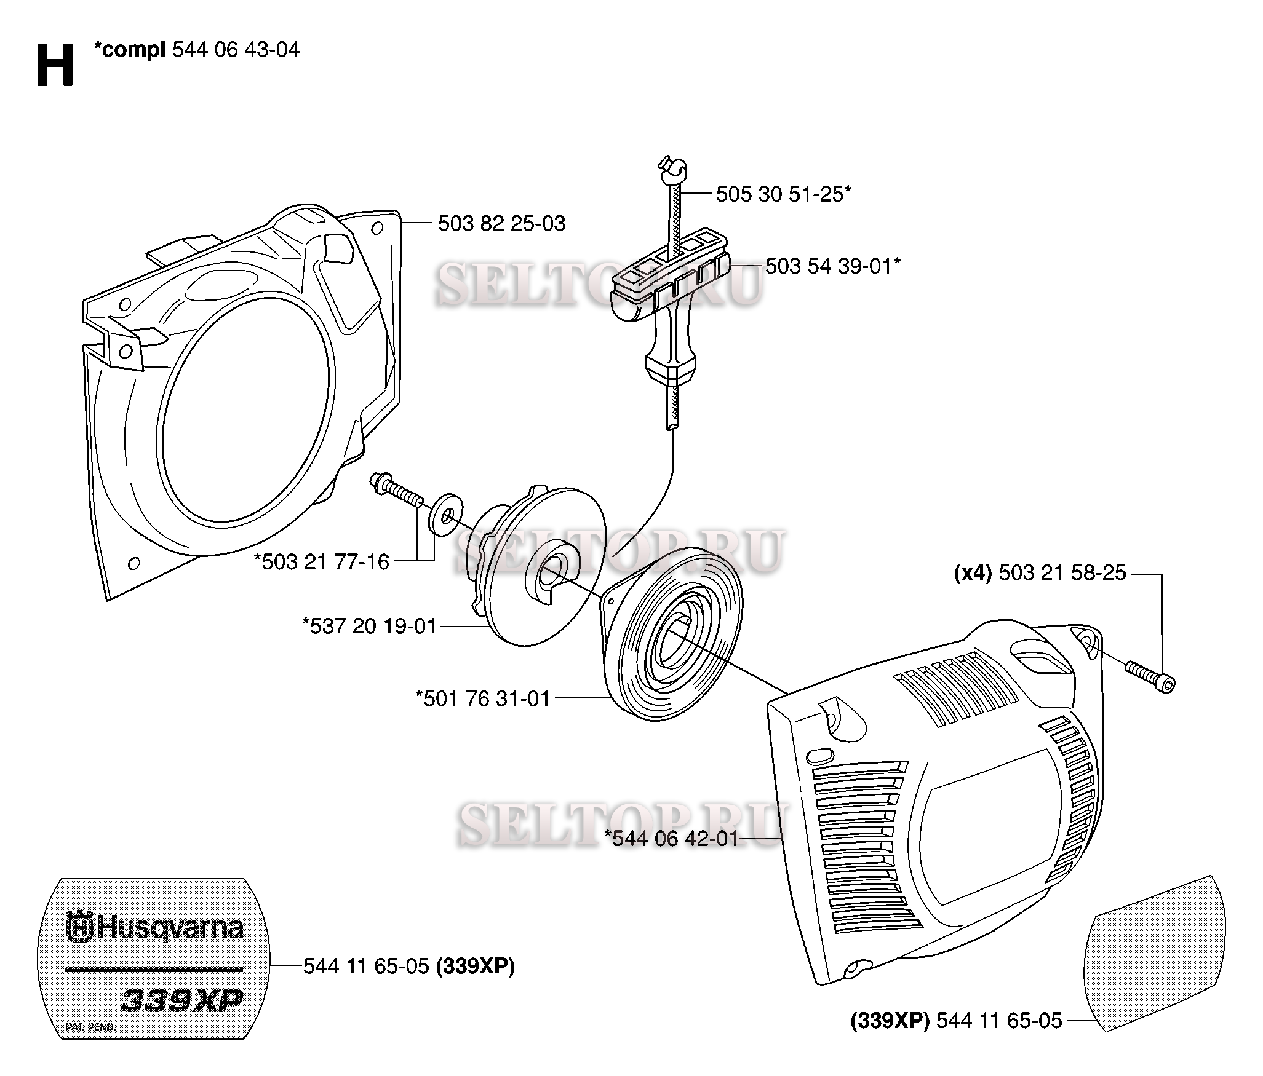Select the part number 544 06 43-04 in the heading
coord(236,49)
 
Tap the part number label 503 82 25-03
coord(501,223)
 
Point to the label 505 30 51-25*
coord(784,194)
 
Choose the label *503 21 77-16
coord(322,561)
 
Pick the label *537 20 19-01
coord(369,626)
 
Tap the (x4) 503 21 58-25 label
coord(1040,573)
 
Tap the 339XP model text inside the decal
coord(182,1000)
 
